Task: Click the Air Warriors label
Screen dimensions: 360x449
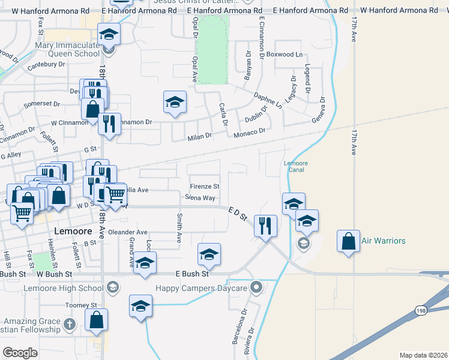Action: (x=384, y=241)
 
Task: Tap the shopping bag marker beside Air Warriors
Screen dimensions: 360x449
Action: (x=349, y=241)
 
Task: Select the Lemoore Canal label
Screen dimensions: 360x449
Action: (x=294, y=166)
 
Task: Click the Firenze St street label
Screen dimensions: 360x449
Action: (x=205, y=187)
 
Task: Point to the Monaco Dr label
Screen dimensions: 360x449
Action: (x=249, y=131)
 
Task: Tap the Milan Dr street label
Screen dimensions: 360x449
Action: (x=200, y=136)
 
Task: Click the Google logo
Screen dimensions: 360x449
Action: (x=20, y=352)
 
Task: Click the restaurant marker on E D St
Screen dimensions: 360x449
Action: (x=264, y=226)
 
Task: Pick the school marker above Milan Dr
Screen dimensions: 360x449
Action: (x=175, y=101)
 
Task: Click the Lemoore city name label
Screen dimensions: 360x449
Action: (x=72, y=231)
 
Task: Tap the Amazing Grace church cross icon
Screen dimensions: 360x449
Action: (x=70, y=325)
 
